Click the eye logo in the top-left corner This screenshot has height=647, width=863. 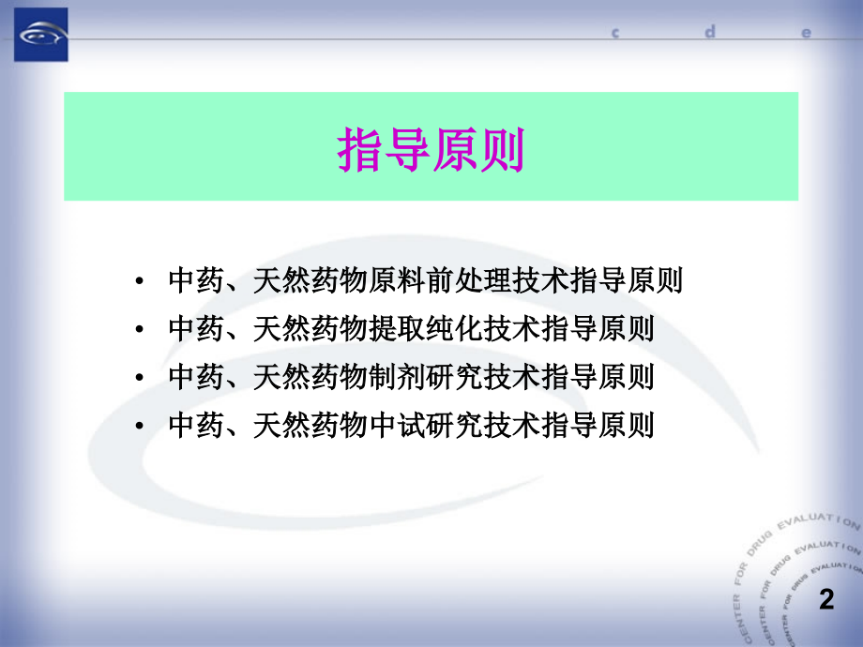40,35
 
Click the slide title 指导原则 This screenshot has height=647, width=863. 431,149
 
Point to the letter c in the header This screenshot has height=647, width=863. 617,32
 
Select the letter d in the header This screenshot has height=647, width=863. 711,31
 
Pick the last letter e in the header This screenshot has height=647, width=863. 805,32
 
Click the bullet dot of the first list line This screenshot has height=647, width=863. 140,281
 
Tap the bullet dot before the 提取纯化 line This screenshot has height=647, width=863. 140,330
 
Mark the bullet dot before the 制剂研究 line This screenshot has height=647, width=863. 140,379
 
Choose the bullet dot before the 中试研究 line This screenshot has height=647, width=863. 140,428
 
